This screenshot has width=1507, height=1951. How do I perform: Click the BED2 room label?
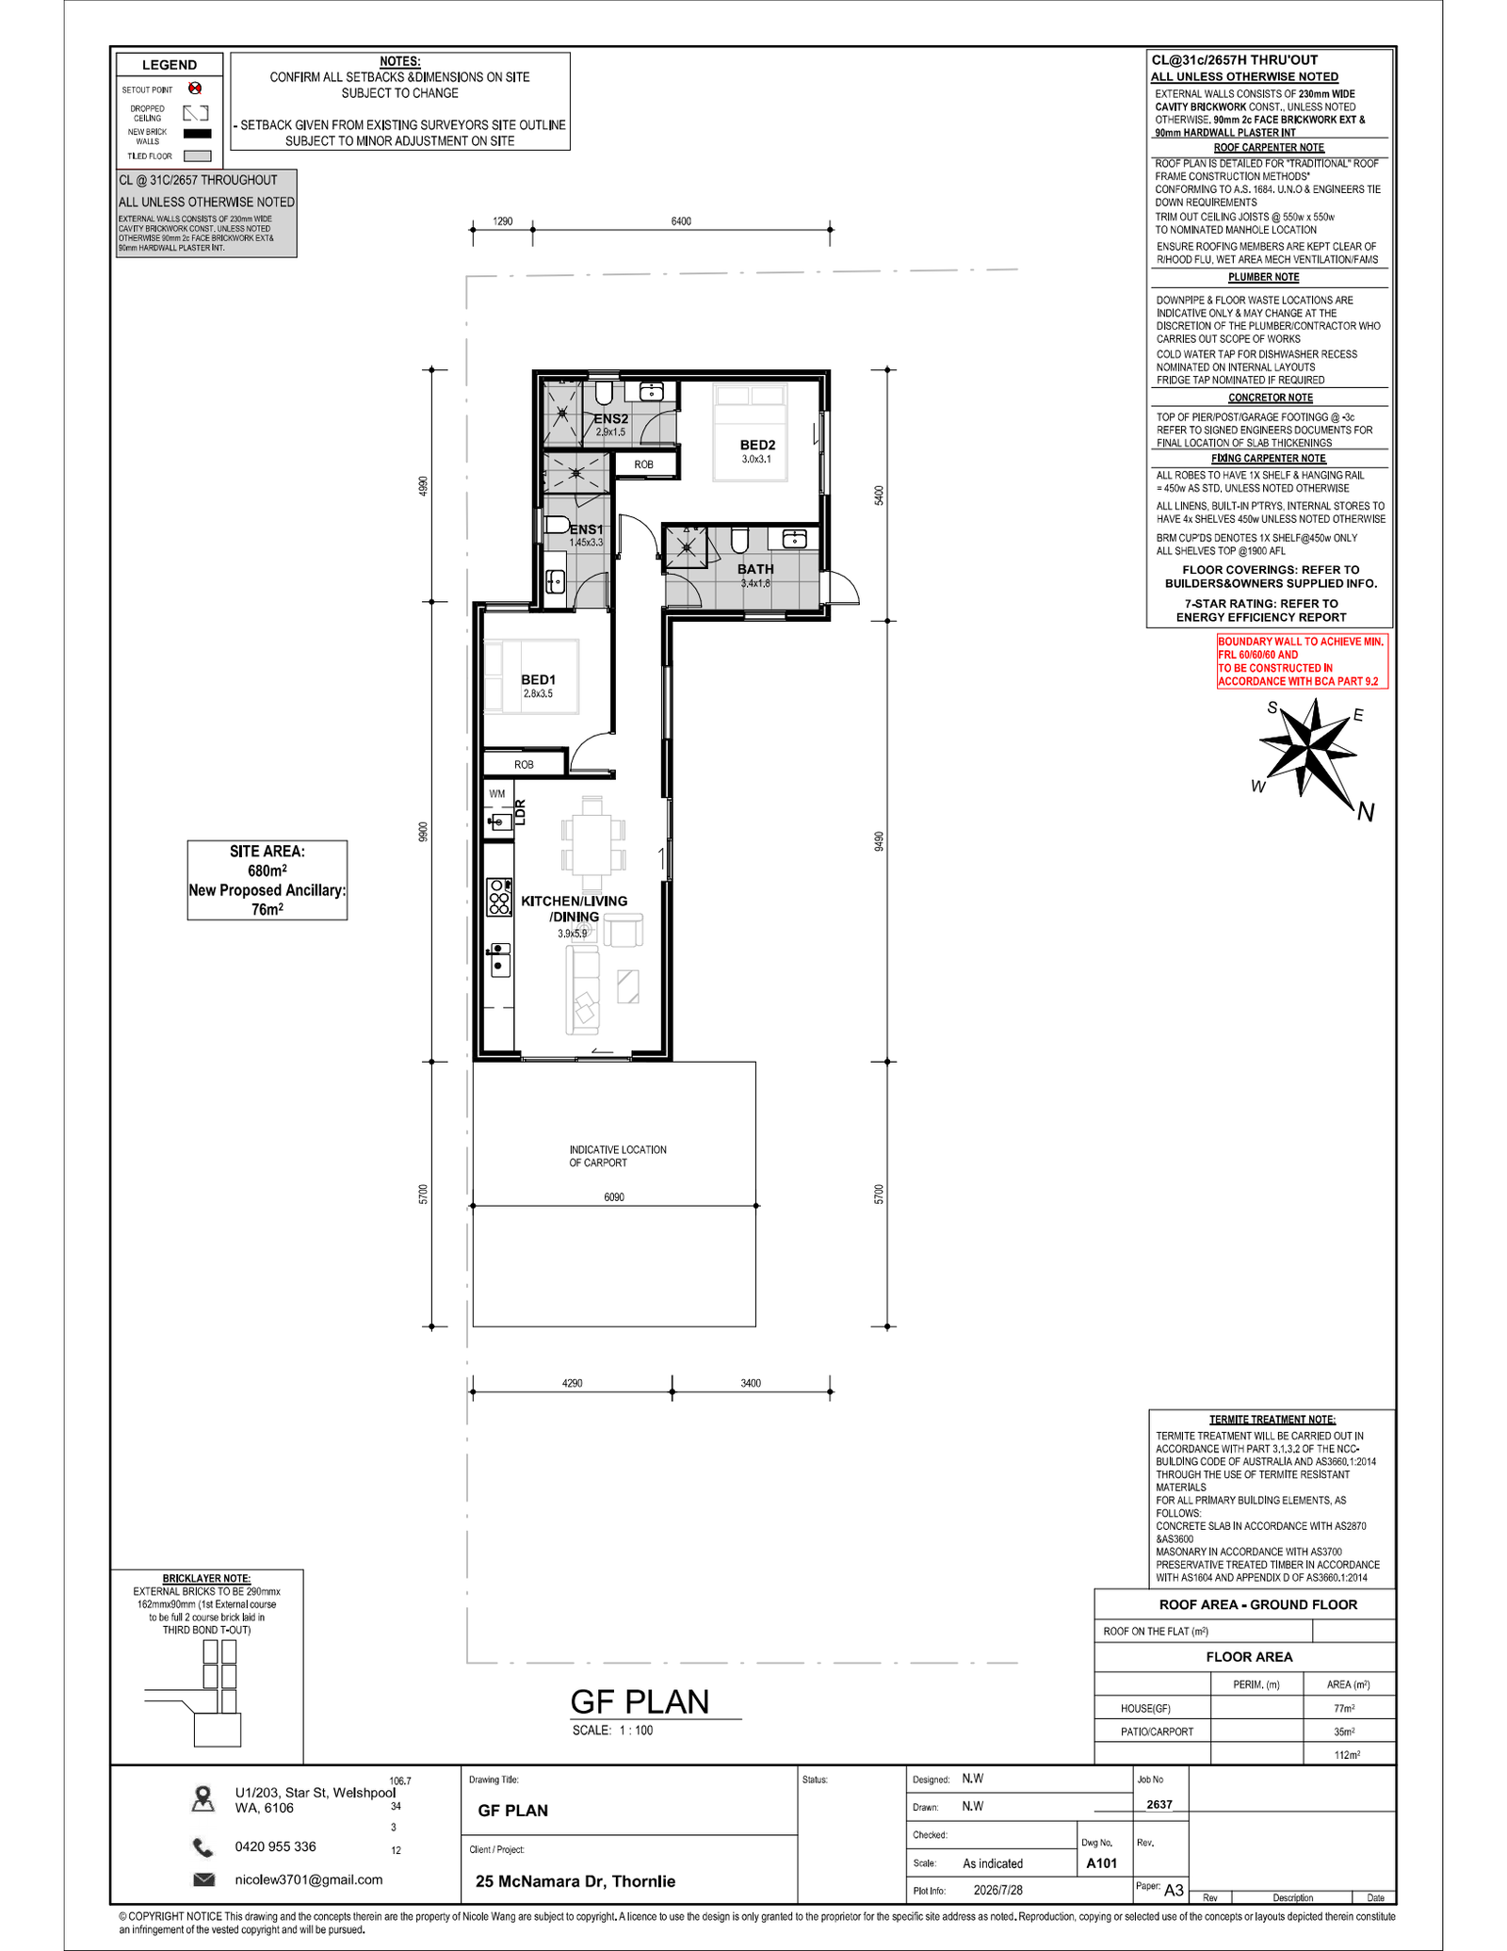(x=757, y=446)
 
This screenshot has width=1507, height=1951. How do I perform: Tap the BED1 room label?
(x=538, y=679)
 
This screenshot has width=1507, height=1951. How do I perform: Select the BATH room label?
(x=755, y=569)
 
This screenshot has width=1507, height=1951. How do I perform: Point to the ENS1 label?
(x=586, y=529)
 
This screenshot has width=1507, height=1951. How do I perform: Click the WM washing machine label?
(x=496, y=794)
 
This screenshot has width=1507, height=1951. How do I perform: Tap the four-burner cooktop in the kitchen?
(x=499, y=897)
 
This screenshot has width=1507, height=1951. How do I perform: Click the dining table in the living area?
(x=591, y=844)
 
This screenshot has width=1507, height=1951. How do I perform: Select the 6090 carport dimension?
(x=614, y=1197)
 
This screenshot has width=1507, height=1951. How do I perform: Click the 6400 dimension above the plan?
(x=681, y=221)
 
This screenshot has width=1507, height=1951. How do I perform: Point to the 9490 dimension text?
(x=879, y=841)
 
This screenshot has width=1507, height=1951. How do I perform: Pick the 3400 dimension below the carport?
(x=751, y=1383)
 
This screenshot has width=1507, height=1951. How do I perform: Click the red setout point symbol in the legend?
(x=195, y=89)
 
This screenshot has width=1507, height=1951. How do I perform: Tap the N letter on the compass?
(x=1366, y=811)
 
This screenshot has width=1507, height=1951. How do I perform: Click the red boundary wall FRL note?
(x=1302, y=661)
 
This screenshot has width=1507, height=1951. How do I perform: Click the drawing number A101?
(x=1102, y=1862)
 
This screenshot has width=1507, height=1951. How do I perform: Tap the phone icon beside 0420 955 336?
(x=203, y=1846)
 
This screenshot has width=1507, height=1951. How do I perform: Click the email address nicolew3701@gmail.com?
(x=309, y=1879)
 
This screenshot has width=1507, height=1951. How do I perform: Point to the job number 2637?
(x=1159, y=1804)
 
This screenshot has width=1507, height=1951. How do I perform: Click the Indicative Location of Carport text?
(x=617, y=1156)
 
